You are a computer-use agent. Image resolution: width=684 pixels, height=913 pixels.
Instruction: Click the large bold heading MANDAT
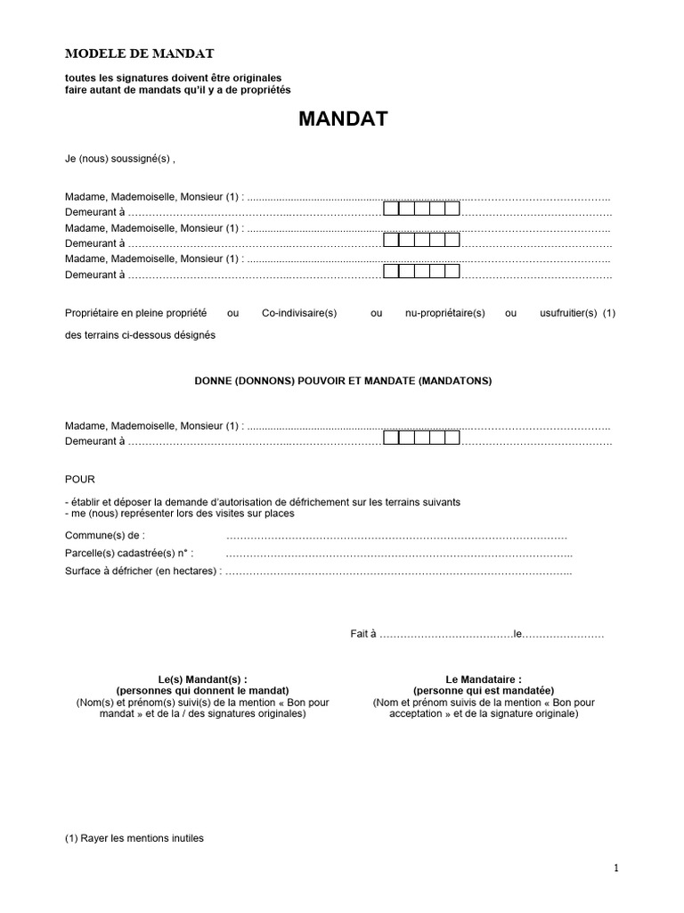pyautogui.click(x=343, y=119)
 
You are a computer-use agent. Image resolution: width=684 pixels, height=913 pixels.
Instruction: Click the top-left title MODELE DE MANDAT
pyautogui.click(x=140, y=53)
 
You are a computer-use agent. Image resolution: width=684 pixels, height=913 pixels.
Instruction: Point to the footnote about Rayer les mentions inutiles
pyautogui.click(x=134, y=838)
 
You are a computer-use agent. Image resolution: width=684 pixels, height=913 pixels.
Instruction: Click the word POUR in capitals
pyautogui.click(x=79, y=479)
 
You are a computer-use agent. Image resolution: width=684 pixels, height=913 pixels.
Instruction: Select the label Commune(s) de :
pyautogui.click(x=104, y=535)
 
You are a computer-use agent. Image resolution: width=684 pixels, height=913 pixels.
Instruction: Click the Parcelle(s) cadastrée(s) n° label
pyautogui.click(x=128, y=553)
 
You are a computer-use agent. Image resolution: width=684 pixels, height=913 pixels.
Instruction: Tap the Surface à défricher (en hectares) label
pyautogui.click(x=142, y=571)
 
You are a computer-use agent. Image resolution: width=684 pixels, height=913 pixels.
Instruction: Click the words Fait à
pyautogui.click(x=364, y=635)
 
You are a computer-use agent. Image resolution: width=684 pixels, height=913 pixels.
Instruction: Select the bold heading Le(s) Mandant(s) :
pyautogui.click(x=202, y=679)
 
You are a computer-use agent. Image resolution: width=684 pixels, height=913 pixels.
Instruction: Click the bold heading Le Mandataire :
pyautogui.click(x=484, y=679)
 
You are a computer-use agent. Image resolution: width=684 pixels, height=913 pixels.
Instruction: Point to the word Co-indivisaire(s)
pyautogui.click(x=300, y=313)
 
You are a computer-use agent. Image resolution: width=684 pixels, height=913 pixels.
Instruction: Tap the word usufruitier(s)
pyautogui.click(x=568, y=313)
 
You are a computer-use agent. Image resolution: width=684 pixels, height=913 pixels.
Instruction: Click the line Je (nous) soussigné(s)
pyautogui.click(x=120, y=160)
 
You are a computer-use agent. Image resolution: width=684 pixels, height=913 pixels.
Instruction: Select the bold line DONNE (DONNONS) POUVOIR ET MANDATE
pyautogui.click(x=343, y=381)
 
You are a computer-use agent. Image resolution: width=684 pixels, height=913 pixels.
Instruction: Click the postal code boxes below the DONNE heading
pyautogui.click(x=421, y=439)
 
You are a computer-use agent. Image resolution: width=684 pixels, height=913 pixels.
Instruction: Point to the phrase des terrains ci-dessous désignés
pyautogui.click(x=140, y=335)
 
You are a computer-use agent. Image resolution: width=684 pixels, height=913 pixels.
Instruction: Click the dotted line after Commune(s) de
pyautogui.click(x=396, y=536)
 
